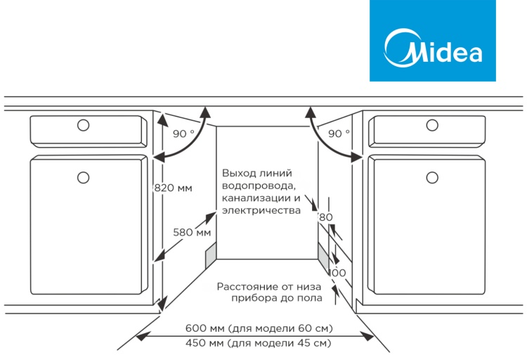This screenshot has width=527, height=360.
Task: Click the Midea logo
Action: point(433,41)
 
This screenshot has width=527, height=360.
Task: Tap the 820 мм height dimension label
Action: point(173,188)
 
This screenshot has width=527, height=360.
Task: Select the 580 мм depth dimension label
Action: point(192,232)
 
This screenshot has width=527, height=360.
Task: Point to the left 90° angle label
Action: point(183,134)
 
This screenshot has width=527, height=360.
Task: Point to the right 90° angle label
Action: point(339,134)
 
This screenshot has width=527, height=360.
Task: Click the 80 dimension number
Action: point(325,217)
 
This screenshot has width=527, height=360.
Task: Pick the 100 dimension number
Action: point(337,273)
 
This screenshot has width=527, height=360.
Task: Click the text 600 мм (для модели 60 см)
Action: point(259,328)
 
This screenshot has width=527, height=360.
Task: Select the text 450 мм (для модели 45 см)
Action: point(258,343)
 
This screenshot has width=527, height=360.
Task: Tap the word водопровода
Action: point(259,186)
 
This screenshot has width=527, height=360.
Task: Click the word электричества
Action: point(261,211)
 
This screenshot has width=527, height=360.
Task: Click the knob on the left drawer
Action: point(84,125)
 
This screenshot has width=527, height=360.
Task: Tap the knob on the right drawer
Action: point(432,125)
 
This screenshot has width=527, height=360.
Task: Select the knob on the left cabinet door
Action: point(84,177)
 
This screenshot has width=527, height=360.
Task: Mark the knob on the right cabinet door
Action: point(432,177)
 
